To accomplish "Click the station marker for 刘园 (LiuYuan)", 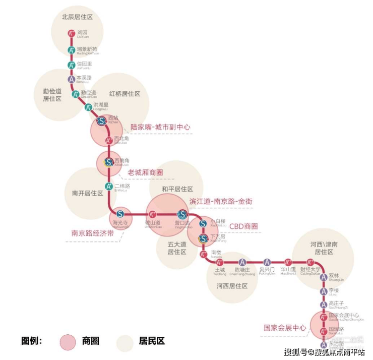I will pos(72,34).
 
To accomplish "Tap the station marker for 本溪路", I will pos(72,79).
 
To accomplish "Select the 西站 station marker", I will pos(101,121).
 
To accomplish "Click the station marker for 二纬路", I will pos(108,187).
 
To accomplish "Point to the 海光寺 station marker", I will pos(120,214).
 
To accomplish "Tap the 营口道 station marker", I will pos(181,214).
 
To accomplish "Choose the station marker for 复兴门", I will pos(267,262).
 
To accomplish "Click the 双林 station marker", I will pos(324,277).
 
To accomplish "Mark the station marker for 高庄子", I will pos(324,304).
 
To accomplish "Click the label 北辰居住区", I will pos(78,17).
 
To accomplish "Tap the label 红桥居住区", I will pos(125,94).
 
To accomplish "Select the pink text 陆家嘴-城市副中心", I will pos(160,128).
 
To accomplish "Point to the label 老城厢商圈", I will pos(145,172).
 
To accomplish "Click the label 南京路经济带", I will pos(92,233).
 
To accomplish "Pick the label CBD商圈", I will pos(243,226).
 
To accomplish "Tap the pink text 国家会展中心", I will pos(285,327).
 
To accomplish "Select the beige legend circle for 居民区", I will pos(124,341).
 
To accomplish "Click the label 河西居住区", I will pos(232,286).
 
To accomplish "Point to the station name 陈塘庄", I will pos(242,270).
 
